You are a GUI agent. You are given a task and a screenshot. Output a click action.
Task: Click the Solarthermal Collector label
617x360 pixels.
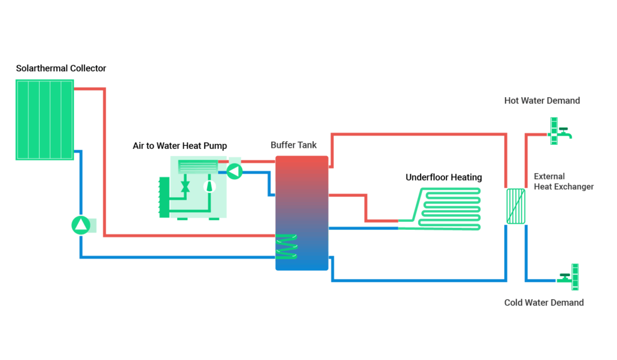coord(61,68)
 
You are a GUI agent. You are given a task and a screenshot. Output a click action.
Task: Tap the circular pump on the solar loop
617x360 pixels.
coord(80,225)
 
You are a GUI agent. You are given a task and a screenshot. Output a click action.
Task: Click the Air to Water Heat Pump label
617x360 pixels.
coord(180,146)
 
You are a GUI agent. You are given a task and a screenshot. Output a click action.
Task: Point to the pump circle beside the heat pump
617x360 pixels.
coord(234,172)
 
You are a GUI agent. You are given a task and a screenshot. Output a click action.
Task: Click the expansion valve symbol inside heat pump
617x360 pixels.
coord(186,186)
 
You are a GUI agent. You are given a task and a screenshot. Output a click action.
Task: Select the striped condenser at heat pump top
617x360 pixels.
coord(198,166)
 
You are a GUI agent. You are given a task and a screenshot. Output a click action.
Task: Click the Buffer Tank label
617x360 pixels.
coord(293,145)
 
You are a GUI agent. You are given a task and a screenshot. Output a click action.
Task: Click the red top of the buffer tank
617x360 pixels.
coord(302,166)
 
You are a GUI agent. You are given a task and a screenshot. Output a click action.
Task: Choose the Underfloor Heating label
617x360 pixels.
coord(443,177)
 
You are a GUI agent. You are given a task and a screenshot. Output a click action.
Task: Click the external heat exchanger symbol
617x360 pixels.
coord(516,206)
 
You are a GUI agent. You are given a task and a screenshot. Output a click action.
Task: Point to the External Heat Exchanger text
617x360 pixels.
coord(563,182)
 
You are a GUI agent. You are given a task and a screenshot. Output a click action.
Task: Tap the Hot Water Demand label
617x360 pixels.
coord(542,101)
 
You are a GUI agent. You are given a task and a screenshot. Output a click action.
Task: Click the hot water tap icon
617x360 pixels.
coord(560,131)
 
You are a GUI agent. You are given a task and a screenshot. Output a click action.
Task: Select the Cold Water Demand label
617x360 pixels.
coord(543,303)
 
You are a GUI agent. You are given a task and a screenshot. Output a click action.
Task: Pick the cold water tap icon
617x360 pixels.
coord(568,277)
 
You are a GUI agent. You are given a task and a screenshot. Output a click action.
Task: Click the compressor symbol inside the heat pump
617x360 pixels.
coord(210,186)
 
